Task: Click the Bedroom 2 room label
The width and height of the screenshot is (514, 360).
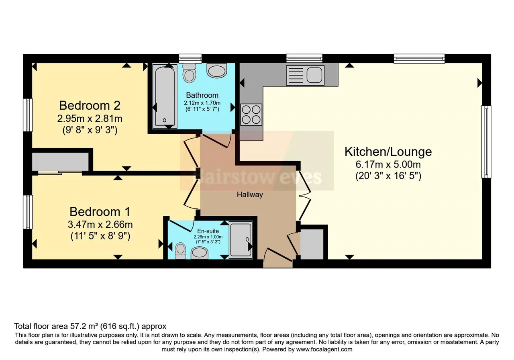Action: (90, 106)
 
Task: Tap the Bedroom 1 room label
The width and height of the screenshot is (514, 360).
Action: (100, 212)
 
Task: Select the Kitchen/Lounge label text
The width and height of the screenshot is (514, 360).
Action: (388, 152)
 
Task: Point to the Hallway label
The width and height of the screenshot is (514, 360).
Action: (250, 195)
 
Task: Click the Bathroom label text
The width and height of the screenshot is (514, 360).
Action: (202, 95)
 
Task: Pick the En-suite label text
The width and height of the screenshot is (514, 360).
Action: (208, 231)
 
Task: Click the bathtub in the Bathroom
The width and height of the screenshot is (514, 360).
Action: (165, 96)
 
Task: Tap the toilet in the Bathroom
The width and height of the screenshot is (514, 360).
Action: (189, 73)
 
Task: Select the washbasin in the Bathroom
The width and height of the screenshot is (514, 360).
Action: (216, 70)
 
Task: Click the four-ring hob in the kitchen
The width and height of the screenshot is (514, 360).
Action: (251, 115)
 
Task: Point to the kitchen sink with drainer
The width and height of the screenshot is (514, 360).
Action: (305, 75)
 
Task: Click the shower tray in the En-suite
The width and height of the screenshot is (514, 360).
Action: (241, 240)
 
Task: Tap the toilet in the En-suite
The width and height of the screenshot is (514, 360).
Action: (180, 251)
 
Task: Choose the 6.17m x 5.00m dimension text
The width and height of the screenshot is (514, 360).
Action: (388, 165)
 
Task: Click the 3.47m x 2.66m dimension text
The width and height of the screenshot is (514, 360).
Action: (100, 225)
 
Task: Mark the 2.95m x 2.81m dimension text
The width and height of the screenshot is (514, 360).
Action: (90, 119)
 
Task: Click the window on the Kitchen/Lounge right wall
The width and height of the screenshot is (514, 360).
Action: (486, 142)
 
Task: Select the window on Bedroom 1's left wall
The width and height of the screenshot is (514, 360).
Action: (28, 212)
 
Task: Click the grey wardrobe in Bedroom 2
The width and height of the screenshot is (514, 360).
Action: (60, 162)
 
